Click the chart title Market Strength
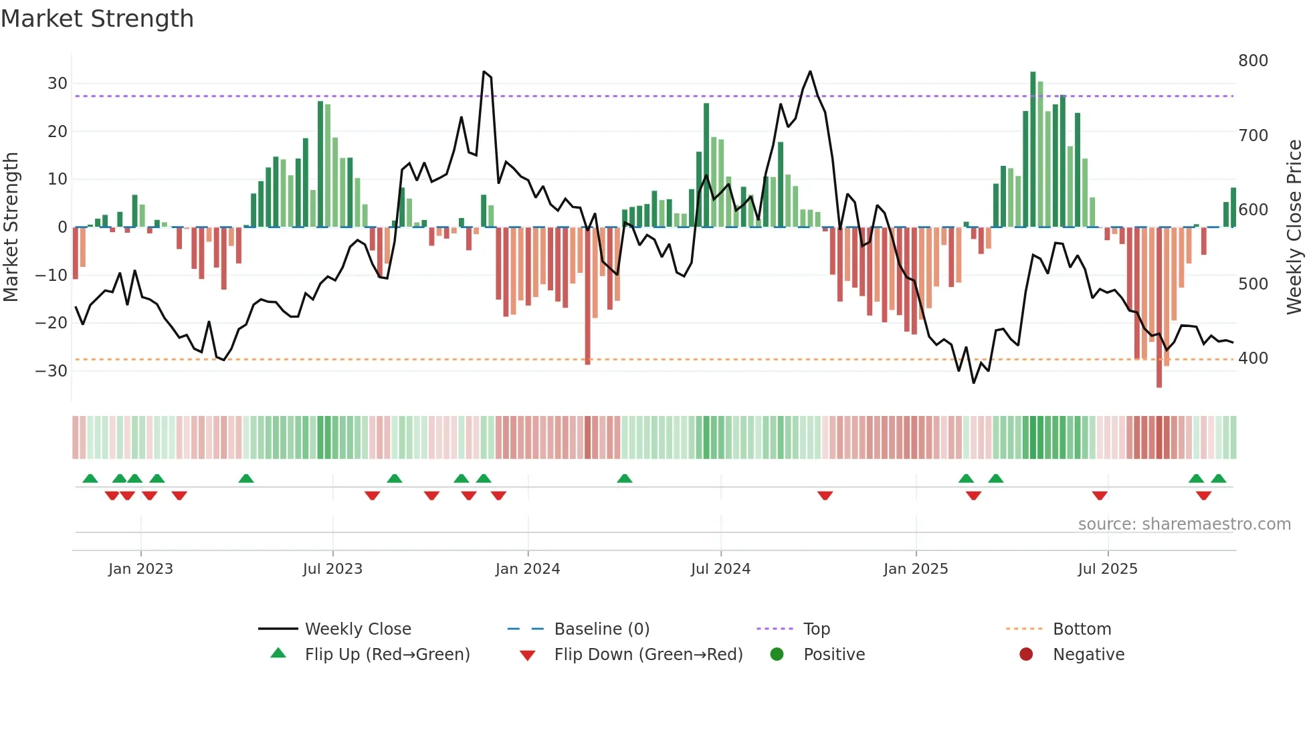97,19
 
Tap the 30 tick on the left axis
58,84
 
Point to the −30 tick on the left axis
52,371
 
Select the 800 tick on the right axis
1253,61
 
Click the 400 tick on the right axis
1253,358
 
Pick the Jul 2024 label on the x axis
720,569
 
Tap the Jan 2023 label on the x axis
140,569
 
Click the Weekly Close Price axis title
1294,227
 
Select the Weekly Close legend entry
358,629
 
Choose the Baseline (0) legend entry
601,629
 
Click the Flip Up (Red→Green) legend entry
387,655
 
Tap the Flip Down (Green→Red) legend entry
648,655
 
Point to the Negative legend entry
1088,655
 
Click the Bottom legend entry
1082,629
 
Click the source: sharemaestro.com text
1184,524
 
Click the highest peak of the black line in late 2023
484,72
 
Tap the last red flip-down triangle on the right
1203,496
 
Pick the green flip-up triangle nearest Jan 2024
484,478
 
